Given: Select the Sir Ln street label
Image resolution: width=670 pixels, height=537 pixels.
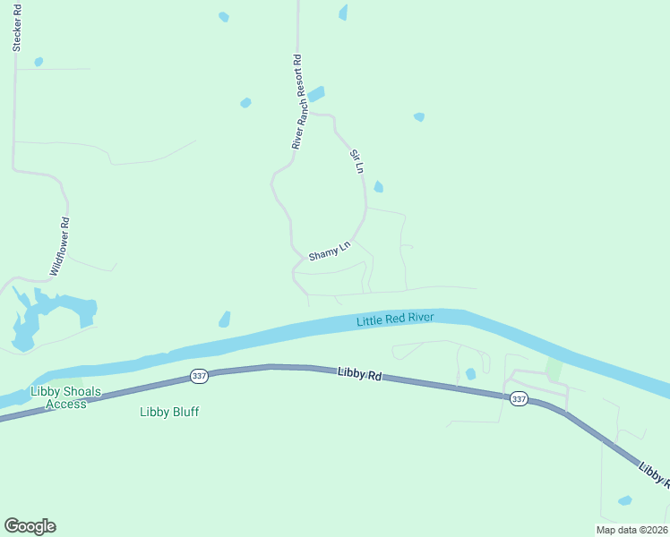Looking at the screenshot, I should (356, 161).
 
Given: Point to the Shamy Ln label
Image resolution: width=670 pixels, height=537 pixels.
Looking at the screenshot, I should (330, 250).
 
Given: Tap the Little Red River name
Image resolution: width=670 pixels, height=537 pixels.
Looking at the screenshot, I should (395, 320).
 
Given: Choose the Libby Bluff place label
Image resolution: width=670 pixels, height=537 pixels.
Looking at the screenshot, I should (169, 412).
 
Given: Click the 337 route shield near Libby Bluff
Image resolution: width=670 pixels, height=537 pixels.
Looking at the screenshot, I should (199, 377).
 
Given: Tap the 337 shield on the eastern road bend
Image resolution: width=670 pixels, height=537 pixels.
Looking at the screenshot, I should (519, 399).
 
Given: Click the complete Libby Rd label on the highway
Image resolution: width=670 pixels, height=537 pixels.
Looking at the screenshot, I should (360, 374).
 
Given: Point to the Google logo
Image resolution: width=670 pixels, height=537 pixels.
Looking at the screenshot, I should (30, 526).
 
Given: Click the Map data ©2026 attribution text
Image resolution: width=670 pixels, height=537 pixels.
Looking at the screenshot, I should (631, 530).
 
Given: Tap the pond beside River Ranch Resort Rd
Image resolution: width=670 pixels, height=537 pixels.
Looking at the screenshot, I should (316, 93).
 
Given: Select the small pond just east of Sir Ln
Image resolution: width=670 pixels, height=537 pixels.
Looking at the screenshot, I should (378, 186).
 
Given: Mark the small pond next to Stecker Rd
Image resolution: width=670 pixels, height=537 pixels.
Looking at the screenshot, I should (39, 62).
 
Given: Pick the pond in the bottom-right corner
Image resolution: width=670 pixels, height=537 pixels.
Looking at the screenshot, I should (624, 500).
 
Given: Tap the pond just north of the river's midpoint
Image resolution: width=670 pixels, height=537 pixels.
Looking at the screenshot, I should (225, 319).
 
